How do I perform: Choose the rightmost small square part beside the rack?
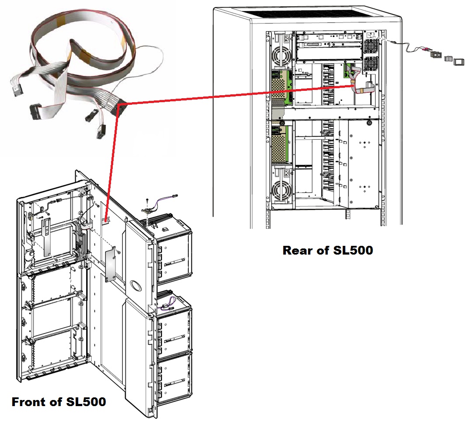coord(458,61)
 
